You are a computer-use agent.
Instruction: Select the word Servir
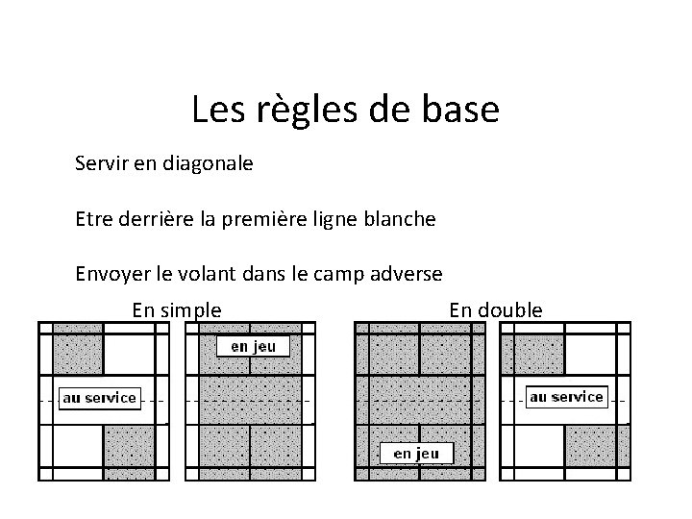(100, 163)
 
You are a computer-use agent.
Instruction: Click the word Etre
(93, 219)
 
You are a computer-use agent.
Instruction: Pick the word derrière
(156, 219)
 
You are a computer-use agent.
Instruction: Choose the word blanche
(401, 219)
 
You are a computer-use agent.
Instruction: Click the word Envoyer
(111, 274)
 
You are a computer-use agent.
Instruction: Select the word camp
(339, 274)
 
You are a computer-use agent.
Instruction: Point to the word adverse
(408, 274)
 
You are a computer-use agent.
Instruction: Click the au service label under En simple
(100, 397)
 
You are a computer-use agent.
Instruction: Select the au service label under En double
(567, 396)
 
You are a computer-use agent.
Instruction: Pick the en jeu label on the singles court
(253, 346)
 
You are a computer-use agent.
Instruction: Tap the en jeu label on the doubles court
(416, 453)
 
